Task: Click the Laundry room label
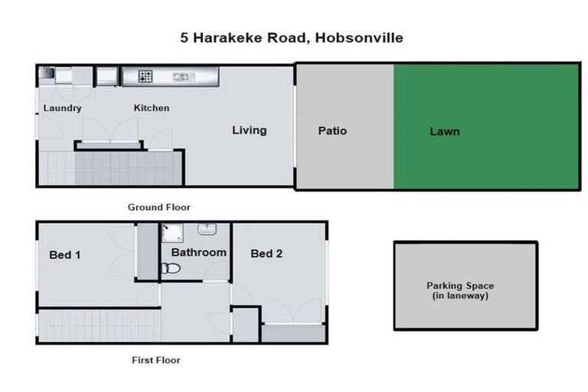pos(62,108)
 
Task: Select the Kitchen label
pos(152,108)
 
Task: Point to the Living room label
pos(250,130)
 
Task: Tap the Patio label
pos(332,131)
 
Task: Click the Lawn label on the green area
pos(445,132)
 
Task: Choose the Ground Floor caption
pos(158,207)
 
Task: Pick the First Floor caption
pos(155,359)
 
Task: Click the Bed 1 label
pos(65,254)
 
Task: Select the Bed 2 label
pos(266,253)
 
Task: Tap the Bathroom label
pos(198,252)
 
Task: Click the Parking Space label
pos(460,290)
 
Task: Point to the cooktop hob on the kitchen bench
pos(145,76)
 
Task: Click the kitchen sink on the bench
pos(181,76)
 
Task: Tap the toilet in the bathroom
pos(171,268)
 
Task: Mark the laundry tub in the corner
pos(46,73)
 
